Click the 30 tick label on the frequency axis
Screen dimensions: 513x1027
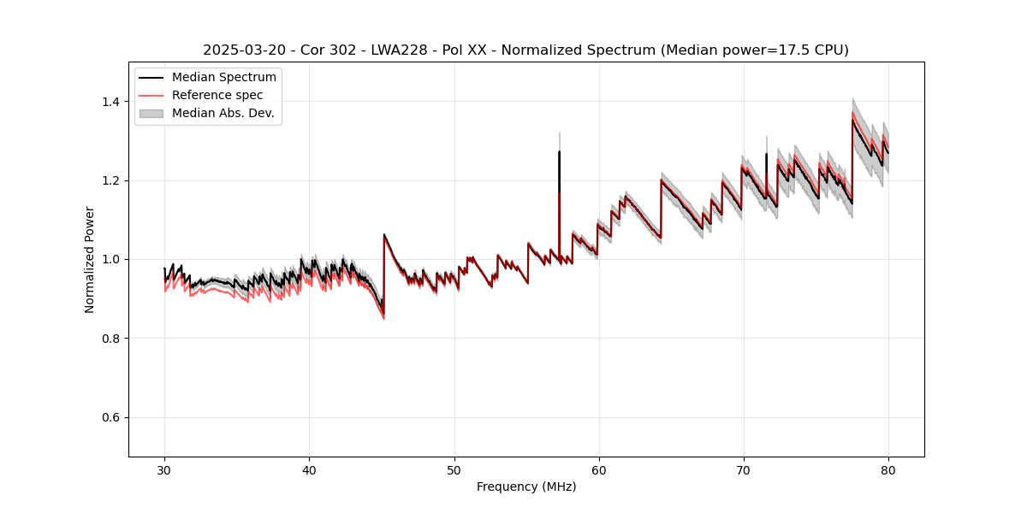pos(164,470)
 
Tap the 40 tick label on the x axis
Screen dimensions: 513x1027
pos(309,470)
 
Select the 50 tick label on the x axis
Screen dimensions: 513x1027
pos(454,470)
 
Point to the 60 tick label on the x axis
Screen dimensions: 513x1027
pos(598,470)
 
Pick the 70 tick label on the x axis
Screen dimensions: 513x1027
pos(743,470)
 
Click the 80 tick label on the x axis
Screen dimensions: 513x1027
pos(887,470)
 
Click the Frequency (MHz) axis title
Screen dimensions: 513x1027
pos(526,486)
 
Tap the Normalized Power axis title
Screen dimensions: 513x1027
pos(90,259)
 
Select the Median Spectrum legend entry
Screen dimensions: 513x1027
pos(223,78)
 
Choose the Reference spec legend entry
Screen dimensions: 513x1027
pos(217,95)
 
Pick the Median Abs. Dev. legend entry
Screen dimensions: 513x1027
pos(223,113)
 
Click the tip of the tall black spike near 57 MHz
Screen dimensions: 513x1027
pos(559,152)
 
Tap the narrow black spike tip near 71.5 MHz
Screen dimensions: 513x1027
pos(766,155)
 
